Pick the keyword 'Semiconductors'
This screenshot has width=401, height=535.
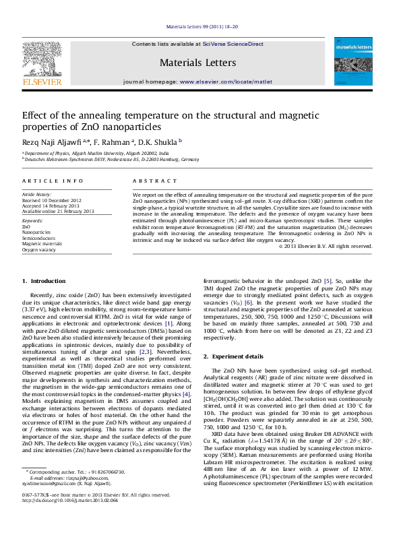click(38, 238)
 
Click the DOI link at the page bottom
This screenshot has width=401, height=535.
click(61, 520)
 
